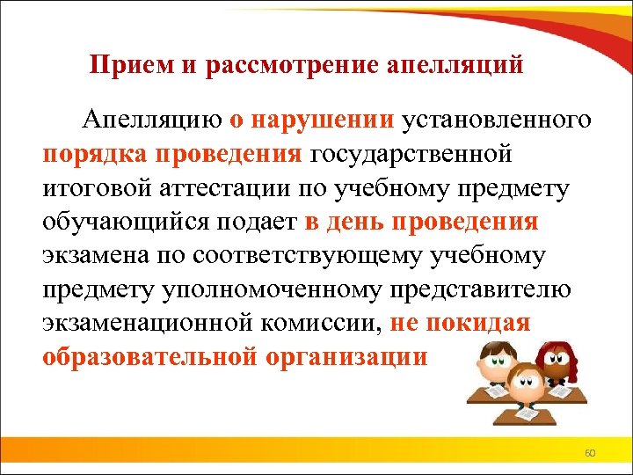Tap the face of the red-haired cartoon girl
click(556, 361)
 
